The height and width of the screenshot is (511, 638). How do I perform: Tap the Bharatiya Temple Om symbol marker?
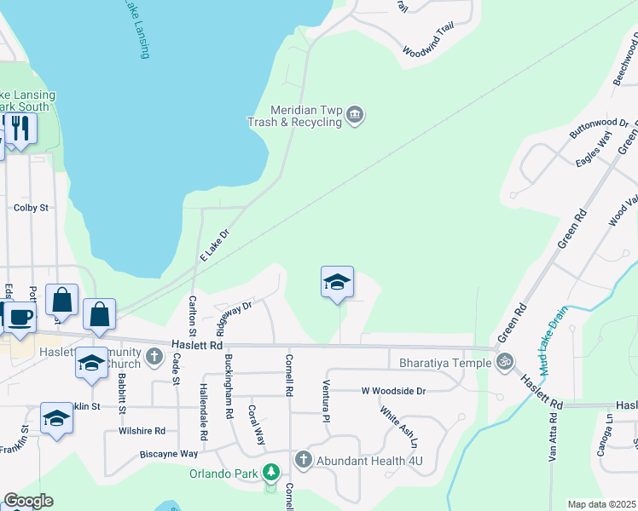pyautogui.click(x=506, y=362)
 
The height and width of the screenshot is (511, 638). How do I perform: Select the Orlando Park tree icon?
pyautogui.click(x=271, y=471)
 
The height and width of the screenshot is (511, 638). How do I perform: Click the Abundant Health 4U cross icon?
pyautogui.click(x=303, y=460)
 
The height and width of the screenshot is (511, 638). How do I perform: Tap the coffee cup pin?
pyautogui.click(x=20, y=318)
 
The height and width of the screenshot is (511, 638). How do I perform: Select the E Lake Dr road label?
pyautogui.click(x=215, y=244)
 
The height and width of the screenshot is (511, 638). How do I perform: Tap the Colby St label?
pyautogui.click(x=31, y=207)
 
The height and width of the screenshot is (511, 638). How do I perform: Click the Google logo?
pyautogui.click(x=27, y=501)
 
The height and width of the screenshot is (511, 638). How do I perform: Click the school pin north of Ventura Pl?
pyautogui.click(x=337, y=282)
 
